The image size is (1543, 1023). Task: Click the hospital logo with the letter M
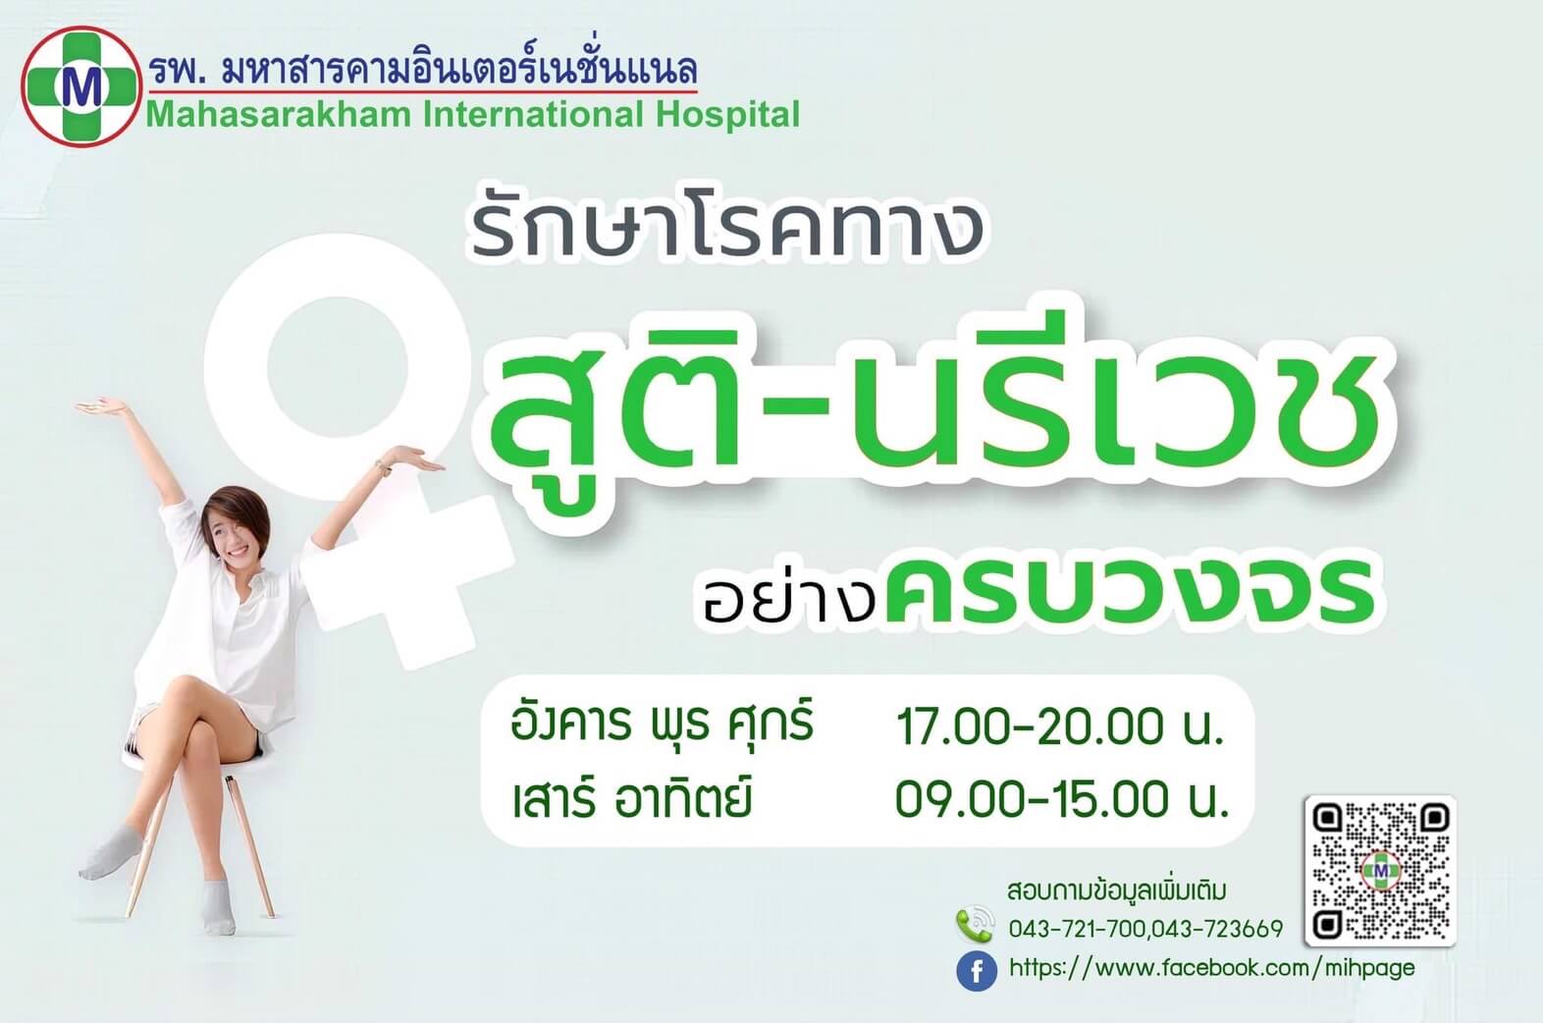[81, 86]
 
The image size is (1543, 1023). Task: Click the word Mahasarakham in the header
[279, 115]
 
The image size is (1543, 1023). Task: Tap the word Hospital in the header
[727, 115]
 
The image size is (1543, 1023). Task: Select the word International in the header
[533, 114]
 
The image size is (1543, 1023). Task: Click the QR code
[1380, 871]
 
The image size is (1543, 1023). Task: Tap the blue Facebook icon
[977, 971]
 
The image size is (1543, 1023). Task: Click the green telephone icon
[976, 924]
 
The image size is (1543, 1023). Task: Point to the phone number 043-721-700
[1078, 930]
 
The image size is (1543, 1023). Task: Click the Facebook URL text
[1211, 969]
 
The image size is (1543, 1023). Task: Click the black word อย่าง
[788, 593]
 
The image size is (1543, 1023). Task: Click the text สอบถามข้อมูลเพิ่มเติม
[1117, 890]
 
